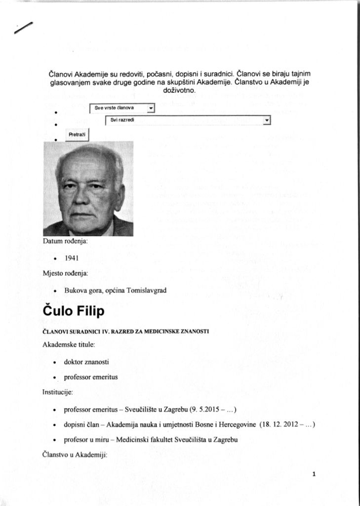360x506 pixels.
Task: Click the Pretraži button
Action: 77,133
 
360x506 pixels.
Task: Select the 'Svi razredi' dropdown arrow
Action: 267,120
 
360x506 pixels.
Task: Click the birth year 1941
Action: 72,258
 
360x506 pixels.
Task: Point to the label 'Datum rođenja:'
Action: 65,242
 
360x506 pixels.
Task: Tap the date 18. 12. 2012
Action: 280,424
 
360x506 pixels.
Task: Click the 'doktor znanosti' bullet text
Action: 86,362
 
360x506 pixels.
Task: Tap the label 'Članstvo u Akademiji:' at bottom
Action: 75,455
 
